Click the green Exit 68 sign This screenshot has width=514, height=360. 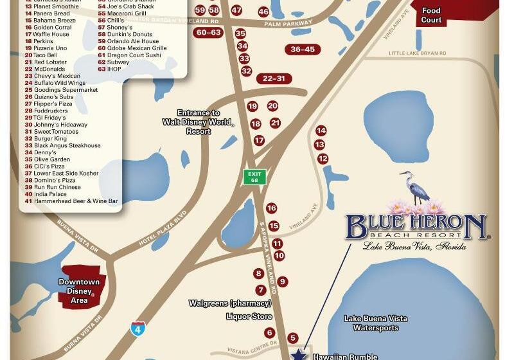(255, 177)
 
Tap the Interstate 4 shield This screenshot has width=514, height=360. (137, 328)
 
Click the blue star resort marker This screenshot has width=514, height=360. (299, 354)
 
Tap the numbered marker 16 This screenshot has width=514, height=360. (271, 208)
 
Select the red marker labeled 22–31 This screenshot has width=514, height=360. (273, 78)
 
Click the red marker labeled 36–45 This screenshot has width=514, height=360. (303, 50)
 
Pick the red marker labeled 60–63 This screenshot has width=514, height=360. (209, 33)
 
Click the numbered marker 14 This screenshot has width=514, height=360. (321, 130)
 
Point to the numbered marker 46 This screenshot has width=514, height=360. (263, 12)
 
